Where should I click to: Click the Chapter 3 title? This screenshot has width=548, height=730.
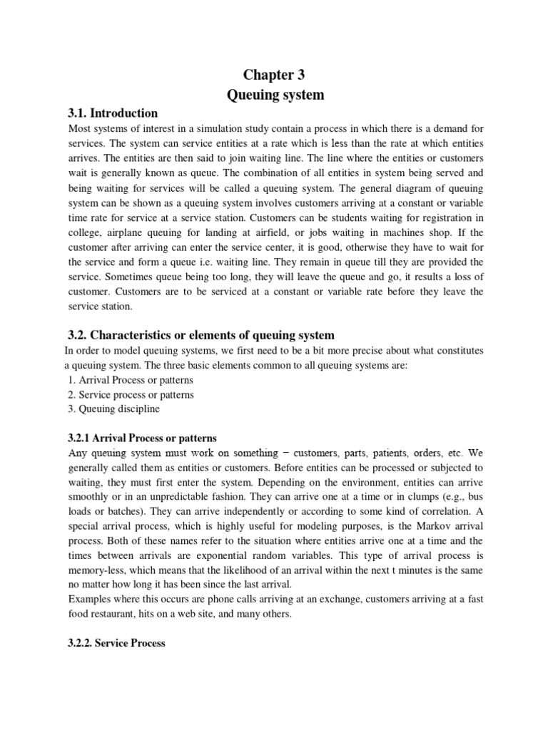click(275, 75)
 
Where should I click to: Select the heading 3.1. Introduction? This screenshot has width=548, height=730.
click(113, 113)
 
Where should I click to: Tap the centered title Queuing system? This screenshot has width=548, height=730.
click(275, 95)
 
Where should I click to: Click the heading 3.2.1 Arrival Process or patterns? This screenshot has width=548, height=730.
click(142, 438)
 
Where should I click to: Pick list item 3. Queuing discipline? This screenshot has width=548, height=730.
click(114, 408)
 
